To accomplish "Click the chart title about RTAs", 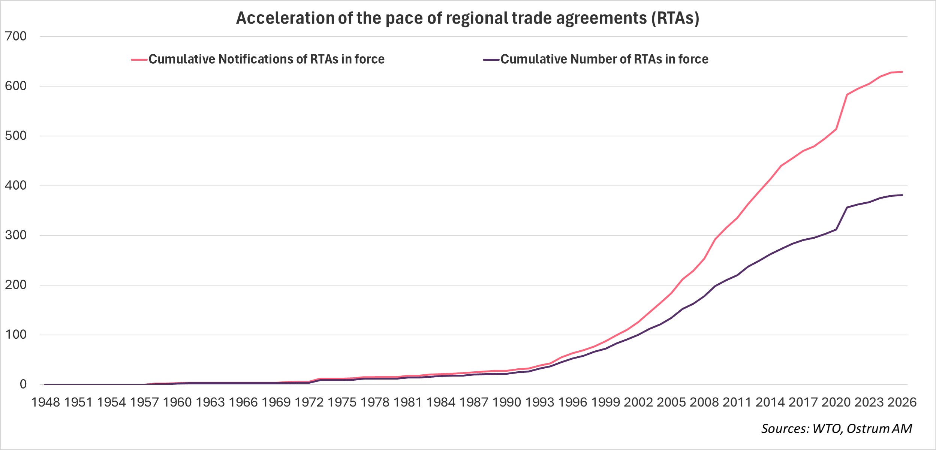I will [x=467, y=18].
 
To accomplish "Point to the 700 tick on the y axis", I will [x=16, y=36].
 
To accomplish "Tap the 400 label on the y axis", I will [x=16, y=185].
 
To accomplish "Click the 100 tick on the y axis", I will [x=16, y=335].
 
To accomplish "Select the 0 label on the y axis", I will [x=23, y=384].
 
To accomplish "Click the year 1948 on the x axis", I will [x=45, y=402].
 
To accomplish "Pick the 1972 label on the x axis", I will [x=309, y=402].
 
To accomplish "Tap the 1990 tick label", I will [x=506, y=402].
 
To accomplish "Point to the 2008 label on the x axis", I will [x=704, y=402].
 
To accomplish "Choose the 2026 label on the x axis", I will [x=902, y=402].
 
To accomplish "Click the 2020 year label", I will [x=836, y=402].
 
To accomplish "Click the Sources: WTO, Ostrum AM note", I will [x=836, y=429].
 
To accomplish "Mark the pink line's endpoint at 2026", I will [x=902, y=72].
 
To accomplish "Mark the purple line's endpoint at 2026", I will [x=902, y=195].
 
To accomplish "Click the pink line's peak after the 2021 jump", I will [x=847, y=95].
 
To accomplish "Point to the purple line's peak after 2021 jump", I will [x=847, y=207].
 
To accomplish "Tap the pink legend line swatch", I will [x=139, y=60].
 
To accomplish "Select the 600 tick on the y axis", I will [x=16, y=86].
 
